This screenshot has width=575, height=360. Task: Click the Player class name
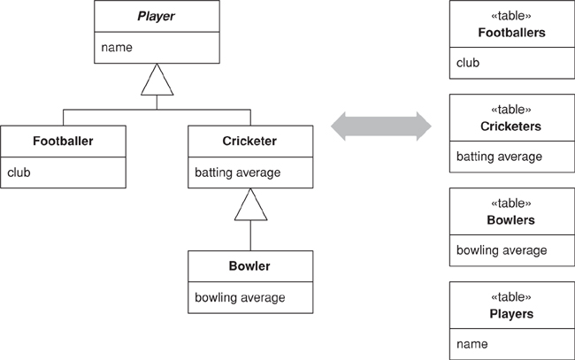point(156,15)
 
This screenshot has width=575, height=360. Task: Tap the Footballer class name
point(63,141)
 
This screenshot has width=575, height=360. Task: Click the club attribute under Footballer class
point(19,172)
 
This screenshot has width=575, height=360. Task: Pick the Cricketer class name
point(250,141)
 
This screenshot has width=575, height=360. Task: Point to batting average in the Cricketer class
point(237,172)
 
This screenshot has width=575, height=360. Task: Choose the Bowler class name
point(250,265)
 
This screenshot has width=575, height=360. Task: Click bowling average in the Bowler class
point(240,297)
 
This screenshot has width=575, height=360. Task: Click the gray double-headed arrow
point(381,126)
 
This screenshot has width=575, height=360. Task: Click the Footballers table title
point(510,33)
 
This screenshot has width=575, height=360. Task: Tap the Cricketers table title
point(510,126)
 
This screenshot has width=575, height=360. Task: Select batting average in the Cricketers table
point(499,157)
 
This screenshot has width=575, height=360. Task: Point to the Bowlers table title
point(510,219)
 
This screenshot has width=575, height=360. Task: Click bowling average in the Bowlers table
point(502,250)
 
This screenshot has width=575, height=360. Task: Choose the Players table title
point(510,312)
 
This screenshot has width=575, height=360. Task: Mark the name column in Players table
point(472,343)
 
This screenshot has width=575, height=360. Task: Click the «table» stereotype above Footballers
point(510,16)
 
